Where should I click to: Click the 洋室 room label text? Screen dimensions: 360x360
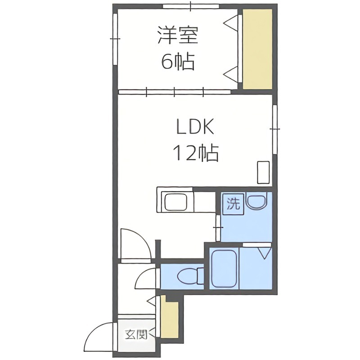178,36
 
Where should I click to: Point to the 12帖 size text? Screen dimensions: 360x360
196,154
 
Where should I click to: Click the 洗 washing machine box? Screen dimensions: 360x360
233,204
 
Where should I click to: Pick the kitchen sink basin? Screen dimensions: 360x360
177,202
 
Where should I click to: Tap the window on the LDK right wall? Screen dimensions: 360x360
274,129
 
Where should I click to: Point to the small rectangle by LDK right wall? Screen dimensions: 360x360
263,172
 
